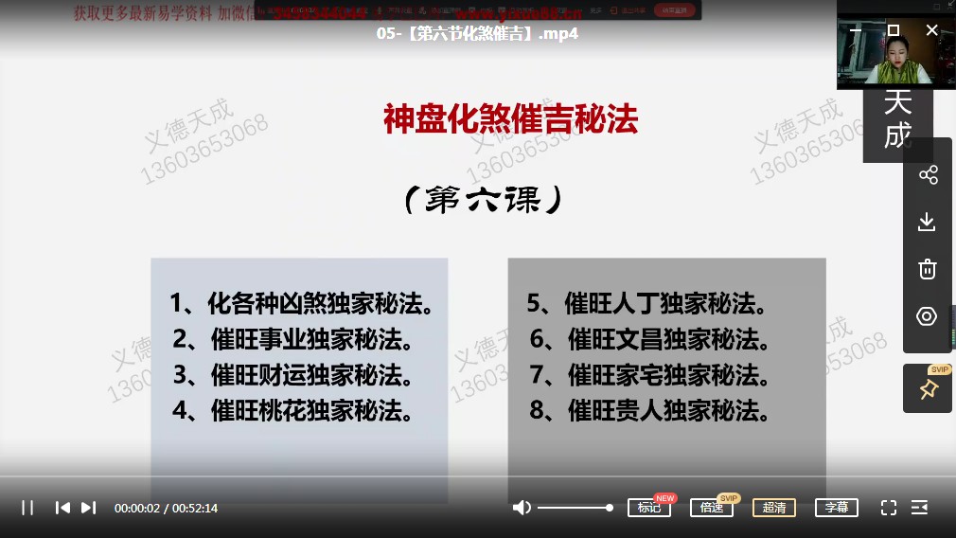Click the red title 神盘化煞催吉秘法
pos(510,120)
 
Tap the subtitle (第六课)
pos(483,200)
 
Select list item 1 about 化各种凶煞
pos(302,304)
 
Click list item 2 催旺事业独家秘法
pos(293,339)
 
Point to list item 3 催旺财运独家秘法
pos(293,374)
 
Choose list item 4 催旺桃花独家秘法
pos(293,410)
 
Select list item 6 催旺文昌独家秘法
pos(650,339)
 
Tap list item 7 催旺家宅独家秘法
pos(650,374)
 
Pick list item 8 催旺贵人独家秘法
pos(650,410)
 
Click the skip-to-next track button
pos(88,508)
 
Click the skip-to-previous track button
pos(62,508)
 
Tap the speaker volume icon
pos(522,508)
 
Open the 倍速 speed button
pos(711,508)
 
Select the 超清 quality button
pos(774,508)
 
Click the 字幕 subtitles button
pos(837,508)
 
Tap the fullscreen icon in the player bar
pos(889,508)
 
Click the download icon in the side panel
pos(927,222)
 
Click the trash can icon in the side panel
pos(927,269)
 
